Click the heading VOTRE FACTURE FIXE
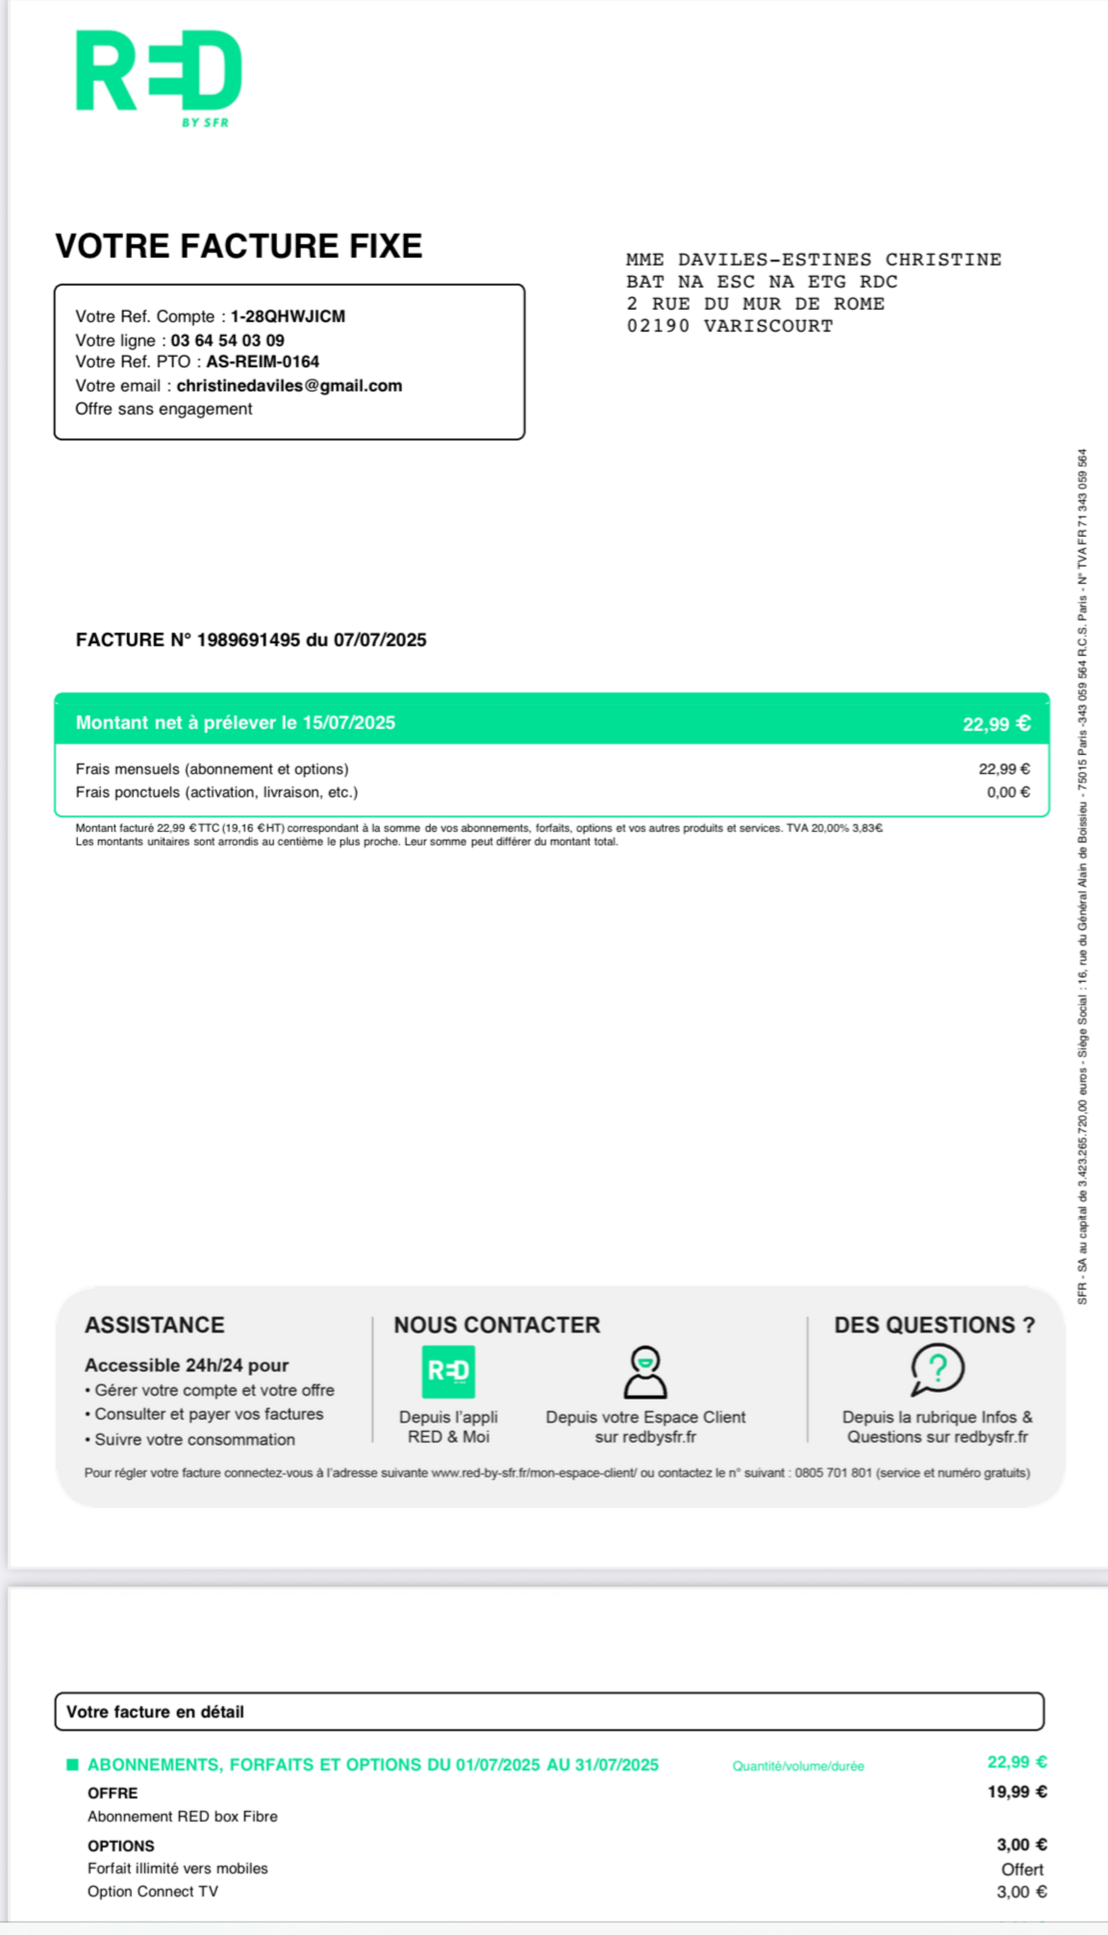tap(238, 246)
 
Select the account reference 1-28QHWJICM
tap(288, 316)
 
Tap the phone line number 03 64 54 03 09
tap(228, 340)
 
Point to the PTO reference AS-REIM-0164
tap(263, 361)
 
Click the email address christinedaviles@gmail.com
tap(289, 386)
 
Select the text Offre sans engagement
tap(163, 409)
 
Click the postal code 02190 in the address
tap(658, 326)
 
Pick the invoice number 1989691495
tap(248, 640)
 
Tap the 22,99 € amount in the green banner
tap(996, 723)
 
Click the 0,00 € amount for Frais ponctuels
tap(1008, 792)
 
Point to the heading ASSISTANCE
tap(155, 1325)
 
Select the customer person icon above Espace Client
tap(645, 1372)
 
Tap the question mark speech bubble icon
tap(937, 1369)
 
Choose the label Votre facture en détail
tap(155, 1712)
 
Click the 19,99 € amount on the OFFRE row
tap(1017, 1792)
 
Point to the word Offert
tap(1022, 1870)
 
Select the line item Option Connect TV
tap(153, 1892)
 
